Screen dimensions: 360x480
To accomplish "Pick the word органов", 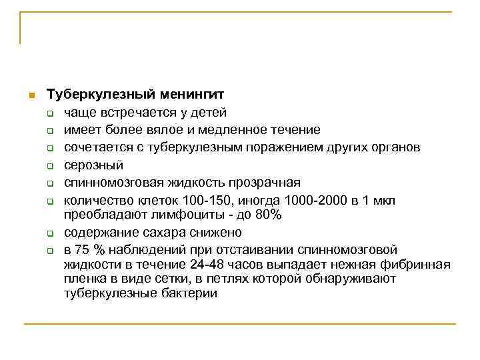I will (x=396, y=147).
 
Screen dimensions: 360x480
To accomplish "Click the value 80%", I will (x=268, y=215).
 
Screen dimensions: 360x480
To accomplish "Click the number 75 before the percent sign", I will (x=83, y=250).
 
